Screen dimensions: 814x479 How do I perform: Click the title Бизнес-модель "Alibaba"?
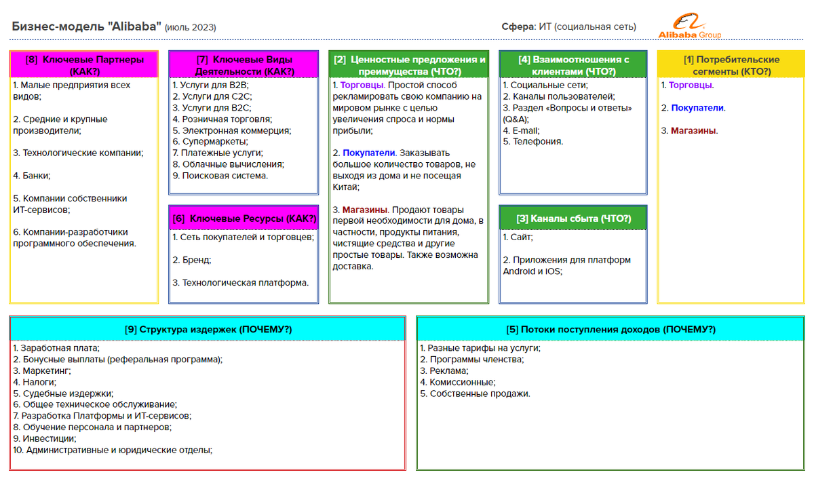pyautogui.click(x=86, y=26)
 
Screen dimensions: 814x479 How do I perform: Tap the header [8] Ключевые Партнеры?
pyautogui.click(x=84, y=64)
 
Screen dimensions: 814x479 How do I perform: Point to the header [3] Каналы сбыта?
pyautogui.click(x=573, y=218)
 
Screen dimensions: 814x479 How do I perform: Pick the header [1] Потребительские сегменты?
pyautogui.click(x=731, y=64)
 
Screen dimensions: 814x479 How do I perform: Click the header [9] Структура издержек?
pyautogui.click(x=208, y=330)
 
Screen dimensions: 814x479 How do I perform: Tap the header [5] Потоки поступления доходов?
pyautogui.click(x=611, y=330)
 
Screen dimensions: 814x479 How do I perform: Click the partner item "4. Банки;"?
pyautogui.click(x=32, y=176)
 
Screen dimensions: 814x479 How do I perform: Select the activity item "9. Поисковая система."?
pyautogui.click(x=220, y=175)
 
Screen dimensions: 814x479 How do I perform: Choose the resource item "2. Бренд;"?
pyautogui.click(x=191, y=260)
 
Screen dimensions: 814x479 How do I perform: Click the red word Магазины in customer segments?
pyautogui.click(x=694, y=130)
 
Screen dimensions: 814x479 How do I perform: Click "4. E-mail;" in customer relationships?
pyautogui.click(x=521, y=130)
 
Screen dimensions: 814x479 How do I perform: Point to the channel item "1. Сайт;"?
pyautogui.click(x=518, y=237)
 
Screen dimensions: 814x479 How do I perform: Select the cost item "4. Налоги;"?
pyautogui.click(x=35, y=382)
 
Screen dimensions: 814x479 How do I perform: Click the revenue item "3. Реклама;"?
pyautogui.click(x=444, y=371)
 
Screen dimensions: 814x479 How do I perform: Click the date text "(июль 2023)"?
pyautogui.click(x=191, y=28)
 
